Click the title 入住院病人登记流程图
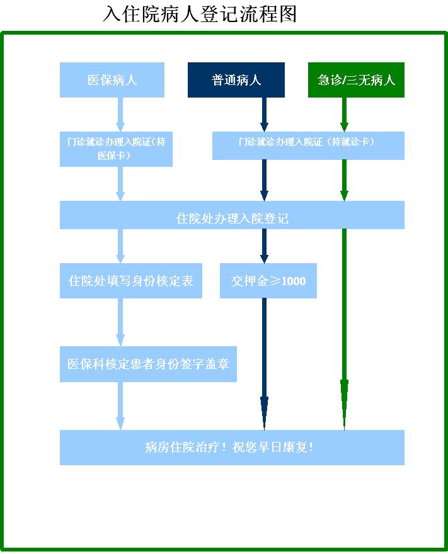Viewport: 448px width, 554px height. (x=200, y=14)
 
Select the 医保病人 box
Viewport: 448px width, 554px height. (x=112, y=80)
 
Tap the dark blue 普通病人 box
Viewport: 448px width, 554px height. (x=236, y=80)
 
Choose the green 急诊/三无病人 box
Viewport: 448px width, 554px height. (x=356, y=80)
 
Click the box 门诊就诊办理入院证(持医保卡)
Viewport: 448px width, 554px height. (x=116, y=149)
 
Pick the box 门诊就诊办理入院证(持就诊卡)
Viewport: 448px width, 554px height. (x=308, y=145)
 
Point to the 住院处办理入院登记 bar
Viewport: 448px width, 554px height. (x=232, y=215)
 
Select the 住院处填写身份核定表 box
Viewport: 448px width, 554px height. (x=131, y=281)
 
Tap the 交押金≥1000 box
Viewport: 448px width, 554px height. (x=268, y=281)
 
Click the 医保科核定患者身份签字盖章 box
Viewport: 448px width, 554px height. (x=148, y=364)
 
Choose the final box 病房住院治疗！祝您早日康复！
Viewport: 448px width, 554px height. (x=232, y=448)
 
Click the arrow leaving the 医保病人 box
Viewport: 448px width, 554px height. (x=120, y=115)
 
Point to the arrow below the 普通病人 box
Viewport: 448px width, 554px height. (x=264, y=115)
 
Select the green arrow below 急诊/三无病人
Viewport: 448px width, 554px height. (x=345, y=115)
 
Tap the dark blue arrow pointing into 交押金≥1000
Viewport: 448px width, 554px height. (x=264, y=246)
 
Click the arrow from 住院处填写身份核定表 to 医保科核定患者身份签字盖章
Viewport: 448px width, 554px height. (x=120, y=322)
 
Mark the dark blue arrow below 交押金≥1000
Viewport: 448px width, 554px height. (x=264, y=364)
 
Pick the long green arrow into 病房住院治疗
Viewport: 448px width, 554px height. (x=345, y=329)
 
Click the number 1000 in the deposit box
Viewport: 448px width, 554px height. (x=294, y=281)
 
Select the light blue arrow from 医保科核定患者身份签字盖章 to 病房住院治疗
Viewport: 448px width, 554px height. (x=120, y=405)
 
